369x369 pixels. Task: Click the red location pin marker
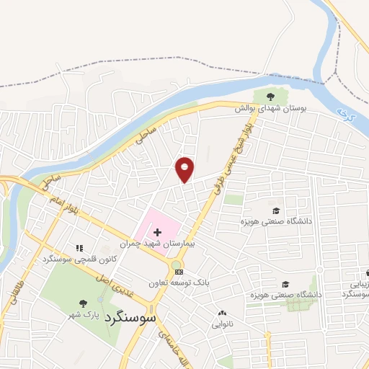[x=185, y=169]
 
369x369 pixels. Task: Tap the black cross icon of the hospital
[x=158, y=232]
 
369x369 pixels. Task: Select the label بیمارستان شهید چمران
[x=171, y=245]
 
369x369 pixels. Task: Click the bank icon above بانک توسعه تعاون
[x=179, y=271]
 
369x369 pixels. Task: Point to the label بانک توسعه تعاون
[x=179, y=283]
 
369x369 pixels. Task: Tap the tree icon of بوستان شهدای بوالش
[x=270, y=97]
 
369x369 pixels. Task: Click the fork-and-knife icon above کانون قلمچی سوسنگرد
[x=79, y=248]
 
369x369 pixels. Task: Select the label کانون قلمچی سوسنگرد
[x=77, y=259]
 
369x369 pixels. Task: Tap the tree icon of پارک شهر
[x=83, y=303]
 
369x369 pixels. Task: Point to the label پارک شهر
[x=82, y=314]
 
